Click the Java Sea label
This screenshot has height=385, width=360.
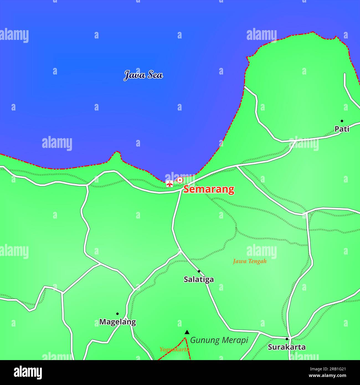(x=143, y=75)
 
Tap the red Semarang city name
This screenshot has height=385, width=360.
(x=209, y=189)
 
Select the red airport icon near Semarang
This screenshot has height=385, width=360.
(x=169, y=183)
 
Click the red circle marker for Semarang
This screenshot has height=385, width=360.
(x=180, y=180)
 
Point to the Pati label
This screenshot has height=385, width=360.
(x=342, y=129)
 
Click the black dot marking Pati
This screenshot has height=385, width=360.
(x=342, y=121)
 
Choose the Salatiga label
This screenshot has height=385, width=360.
(x=199, y=279)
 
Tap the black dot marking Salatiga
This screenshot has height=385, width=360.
(x=199, y=271)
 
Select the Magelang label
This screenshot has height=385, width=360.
(x=117, y=322)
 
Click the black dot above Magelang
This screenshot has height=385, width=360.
(x=117, y=314)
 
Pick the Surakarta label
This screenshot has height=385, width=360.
(x=287, y=347)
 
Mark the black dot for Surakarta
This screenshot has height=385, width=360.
(x=287, y=339)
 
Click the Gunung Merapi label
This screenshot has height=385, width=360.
(x=219, y=340)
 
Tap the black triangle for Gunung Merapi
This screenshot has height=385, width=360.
(x=187, y=332)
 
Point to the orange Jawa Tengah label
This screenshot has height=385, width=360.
(x=250, y=261)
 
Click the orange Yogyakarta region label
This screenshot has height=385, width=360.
(x=174, y=350)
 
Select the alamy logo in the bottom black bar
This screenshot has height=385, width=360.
(x=28, y=373)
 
